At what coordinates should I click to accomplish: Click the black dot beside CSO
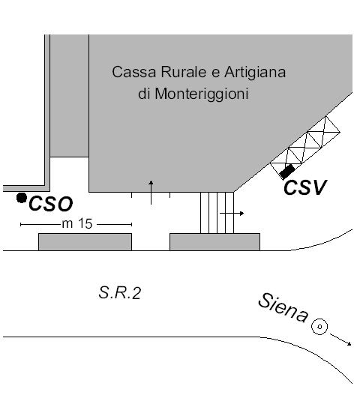(22, 198)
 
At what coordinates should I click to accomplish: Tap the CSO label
(50, 204)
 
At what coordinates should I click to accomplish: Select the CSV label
(305, 187)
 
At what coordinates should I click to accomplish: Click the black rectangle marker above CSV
(287, 172)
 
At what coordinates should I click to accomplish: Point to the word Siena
(283, 307)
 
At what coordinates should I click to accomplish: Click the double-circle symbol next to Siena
(319, 327)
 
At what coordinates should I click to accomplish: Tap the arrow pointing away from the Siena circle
(340, 340)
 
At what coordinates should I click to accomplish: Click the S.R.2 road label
(119, 293)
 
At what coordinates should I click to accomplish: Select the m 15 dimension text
(77, 223)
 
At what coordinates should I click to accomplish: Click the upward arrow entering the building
(151, 193)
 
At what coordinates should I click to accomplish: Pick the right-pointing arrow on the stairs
(232, 213)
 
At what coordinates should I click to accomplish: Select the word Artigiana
(255, 73)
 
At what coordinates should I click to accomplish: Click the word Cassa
(133, 72)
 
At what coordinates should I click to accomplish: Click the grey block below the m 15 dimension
(85, 242)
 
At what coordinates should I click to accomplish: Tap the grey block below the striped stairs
(214, 242)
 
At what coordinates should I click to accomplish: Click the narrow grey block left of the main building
(69, 95)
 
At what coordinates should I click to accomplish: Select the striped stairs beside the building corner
(217, 213)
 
